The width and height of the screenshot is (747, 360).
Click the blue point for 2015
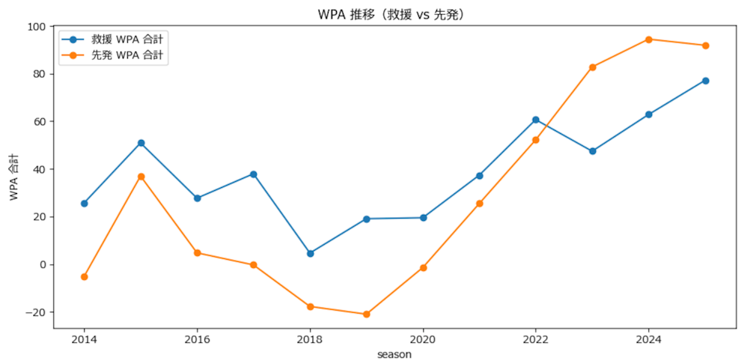[141, 143]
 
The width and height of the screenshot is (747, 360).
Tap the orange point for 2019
[367, 314]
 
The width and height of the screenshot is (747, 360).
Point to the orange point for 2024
[649, 39]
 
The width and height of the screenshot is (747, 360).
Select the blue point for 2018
[310, 254]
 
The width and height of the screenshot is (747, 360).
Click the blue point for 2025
[705, 81]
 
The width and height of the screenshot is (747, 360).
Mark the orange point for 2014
[84, 277]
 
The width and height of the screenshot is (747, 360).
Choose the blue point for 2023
[593, 151]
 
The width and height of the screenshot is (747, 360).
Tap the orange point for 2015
[141, 177]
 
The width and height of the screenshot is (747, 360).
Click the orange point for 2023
[593, 67]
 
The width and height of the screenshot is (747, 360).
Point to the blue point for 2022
[536, 120]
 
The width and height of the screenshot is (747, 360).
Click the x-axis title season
[394, 354]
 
